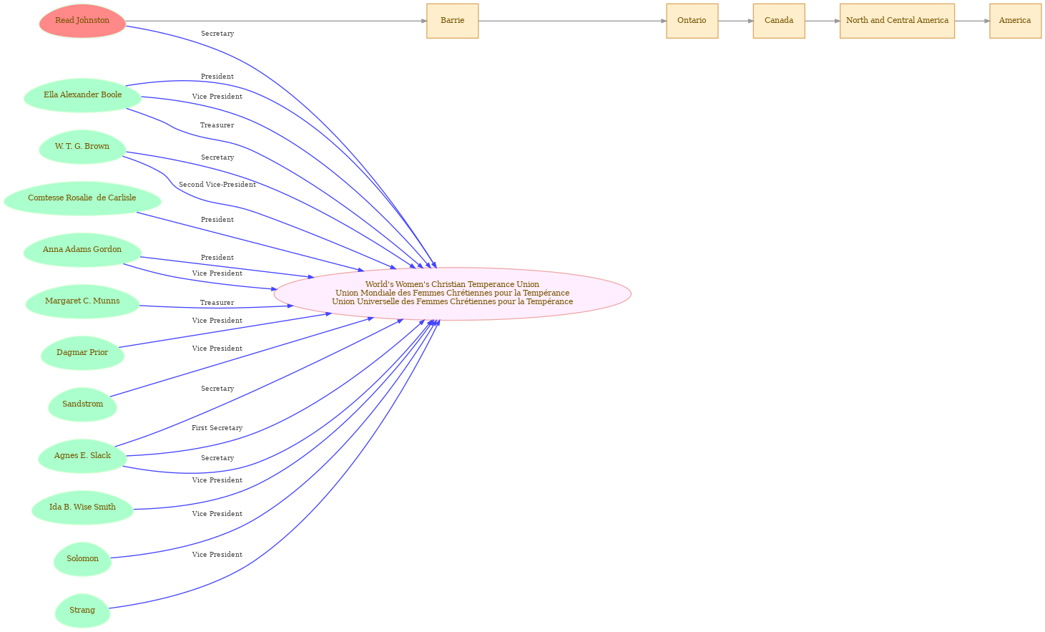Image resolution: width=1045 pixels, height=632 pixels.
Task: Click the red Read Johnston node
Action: point(82,21)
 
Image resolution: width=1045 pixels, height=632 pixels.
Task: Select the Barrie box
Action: point(453,21)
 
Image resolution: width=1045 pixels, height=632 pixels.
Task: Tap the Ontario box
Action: point(692,21)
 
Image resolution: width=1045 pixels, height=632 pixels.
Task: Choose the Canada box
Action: point(779,21)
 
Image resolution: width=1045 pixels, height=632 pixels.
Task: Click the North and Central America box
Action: point(897,21)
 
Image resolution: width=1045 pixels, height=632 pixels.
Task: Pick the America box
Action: point(1015,21)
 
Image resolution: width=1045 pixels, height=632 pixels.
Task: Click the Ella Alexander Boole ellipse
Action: point(82,95)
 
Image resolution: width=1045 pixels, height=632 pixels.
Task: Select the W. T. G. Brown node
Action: point(82,147)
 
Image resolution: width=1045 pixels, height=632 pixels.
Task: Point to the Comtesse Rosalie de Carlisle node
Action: point(82,198)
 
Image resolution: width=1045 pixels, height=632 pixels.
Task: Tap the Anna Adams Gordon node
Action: point(82,251)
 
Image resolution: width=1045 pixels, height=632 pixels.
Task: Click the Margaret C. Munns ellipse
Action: point(82,301)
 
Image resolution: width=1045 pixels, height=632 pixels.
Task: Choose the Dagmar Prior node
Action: point(82,354)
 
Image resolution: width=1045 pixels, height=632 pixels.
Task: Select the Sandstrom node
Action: point(82,404)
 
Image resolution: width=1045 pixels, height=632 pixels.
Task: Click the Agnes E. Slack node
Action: point(82,456)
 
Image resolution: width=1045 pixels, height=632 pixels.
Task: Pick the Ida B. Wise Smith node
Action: point(82,508)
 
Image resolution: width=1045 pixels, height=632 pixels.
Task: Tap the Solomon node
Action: point(82,559)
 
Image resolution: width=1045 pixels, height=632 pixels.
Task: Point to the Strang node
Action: point(82,611)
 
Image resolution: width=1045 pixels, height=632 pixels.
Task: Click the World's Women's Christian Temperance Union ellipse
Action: point(453,294)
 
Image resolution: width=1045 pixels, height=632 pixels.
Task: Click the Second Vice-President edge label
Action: point(217,185)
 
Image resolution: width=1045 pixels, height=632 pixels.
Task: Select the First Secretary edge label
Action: point(217,428)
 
